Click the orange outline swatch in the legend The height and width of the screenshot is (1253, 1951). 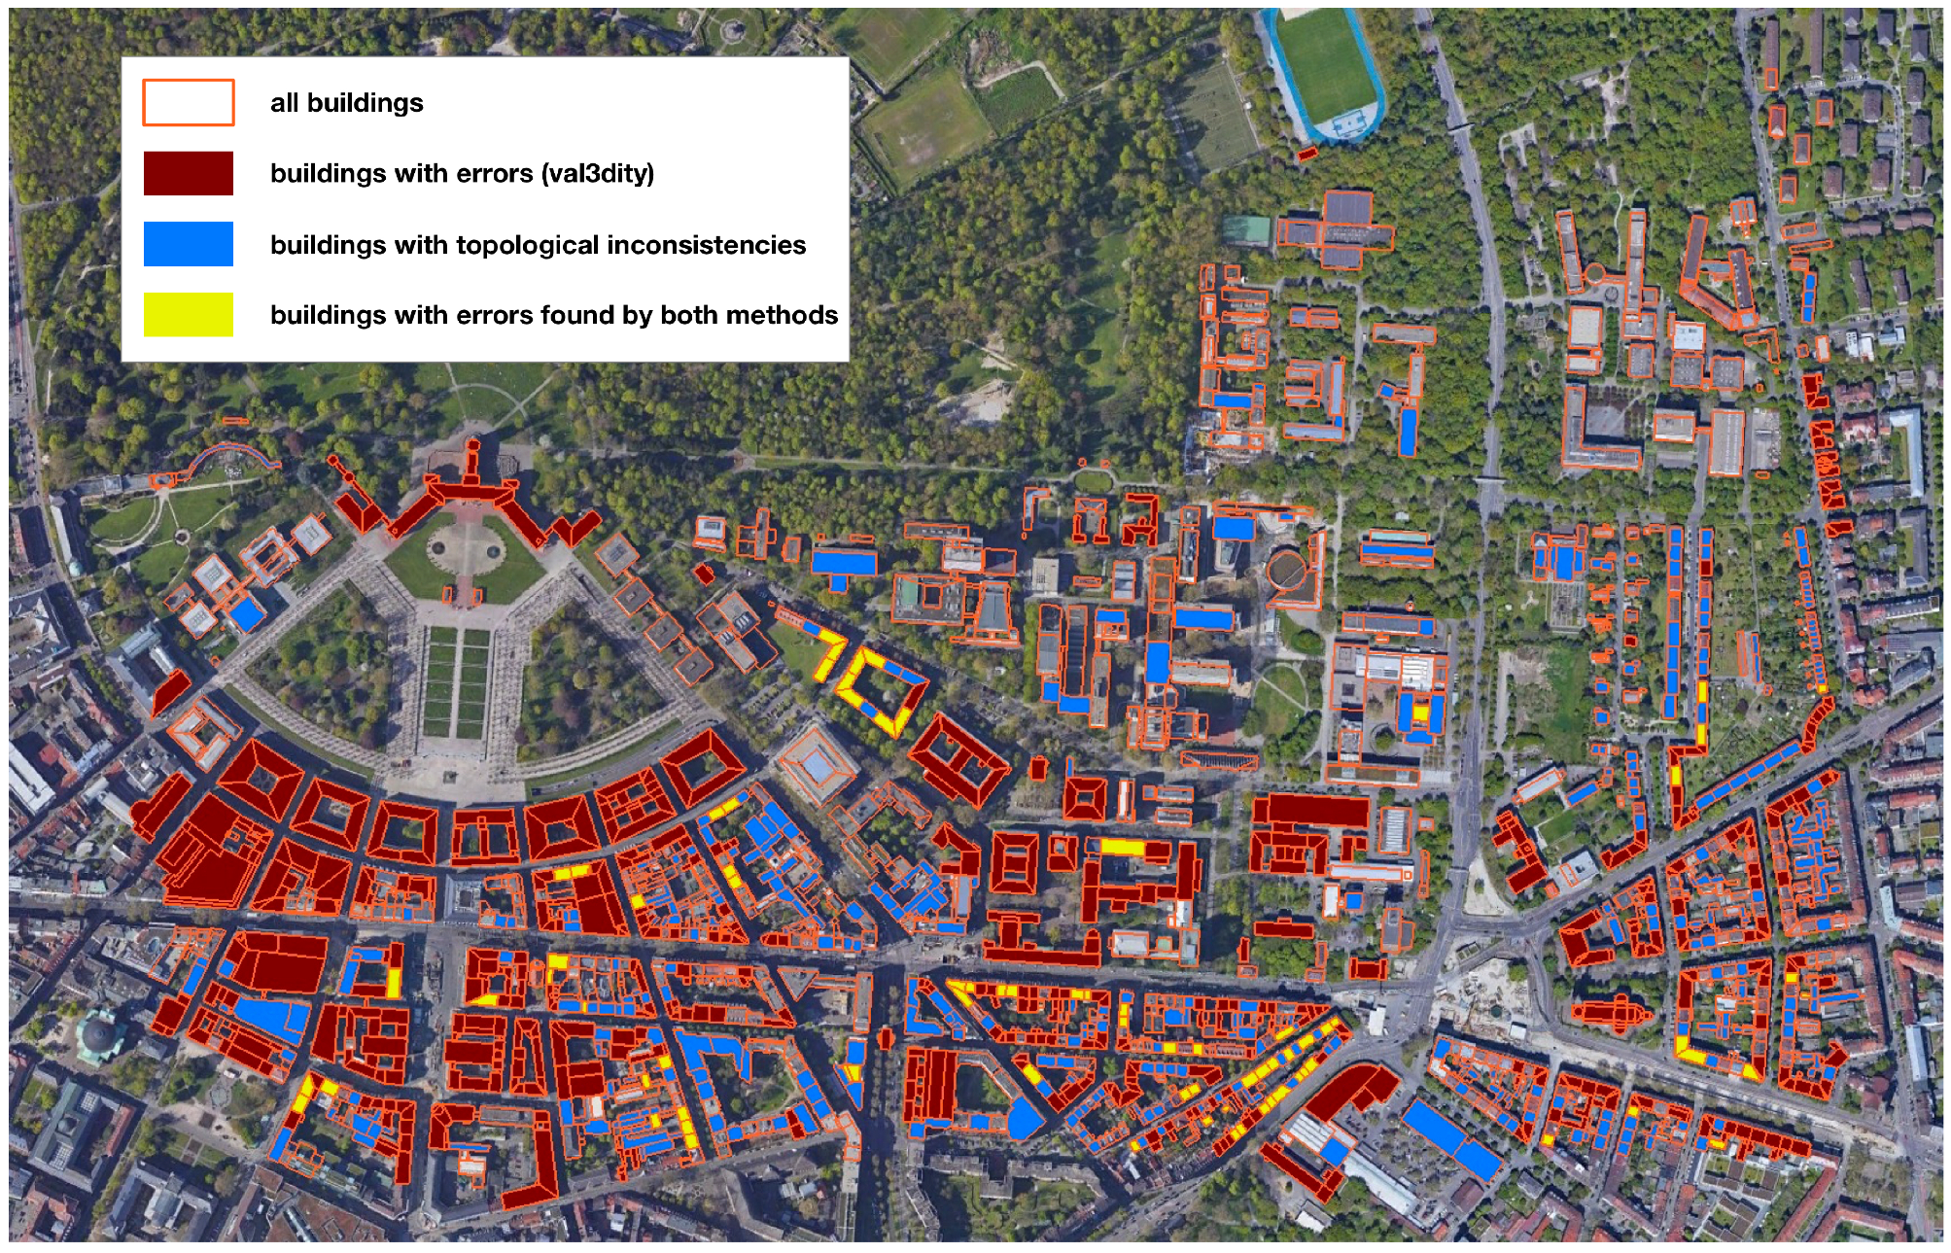(x=188, y=103)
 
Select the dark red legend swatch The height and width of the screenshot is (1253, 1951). (x=188, y=173)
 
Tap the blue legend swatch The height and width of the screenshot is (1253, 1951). (x=188, y=244)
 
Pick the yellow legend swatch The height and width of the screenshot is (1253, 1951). (x=188, y=315)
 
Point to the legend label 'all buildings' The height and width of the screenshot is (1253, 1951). (x=346, y=103)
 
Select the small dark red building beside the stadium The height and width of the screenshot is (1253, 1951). (x=1307, y=154)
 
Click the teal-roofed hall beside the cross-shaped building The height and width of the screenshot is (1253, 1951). (x=1247, y=230)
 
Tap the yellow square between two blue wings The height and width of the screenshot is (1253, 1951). (x=1420, y=713)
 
